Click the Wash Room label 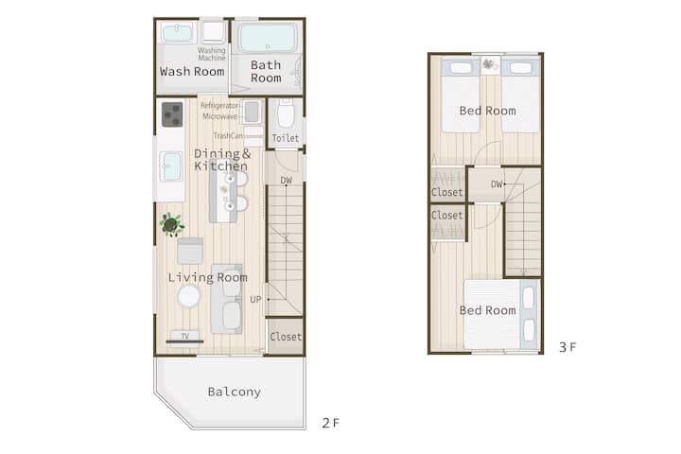192,72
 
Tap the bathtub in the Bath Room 268,38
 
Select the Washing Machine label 212,54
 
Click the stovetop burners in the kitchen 172,114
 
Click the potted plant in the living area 171,224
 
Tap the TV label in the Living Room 185,336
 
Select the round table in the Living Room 189,297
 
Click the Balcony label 235,392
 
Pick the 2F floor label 330,423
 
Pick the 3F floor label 567,347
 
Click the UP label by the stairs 255,299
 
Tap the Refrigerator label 219,106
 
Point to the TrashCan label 228,136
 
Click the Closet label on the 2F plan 286,337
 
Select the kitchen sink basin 170,166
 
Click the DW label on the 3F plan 497,184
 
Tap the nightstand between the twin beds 490,64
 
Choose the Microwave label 219,116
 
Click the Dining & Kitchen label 222,160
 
